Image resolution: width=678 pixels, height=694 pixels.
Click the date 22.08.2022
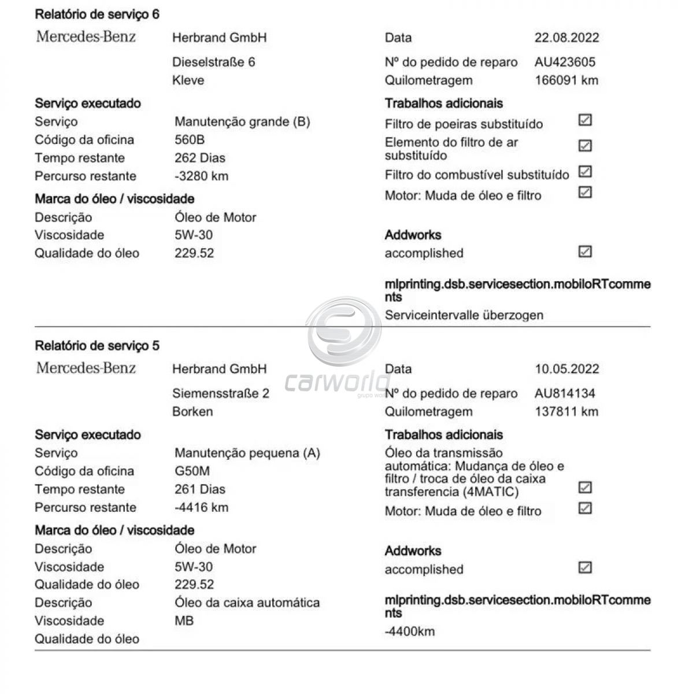(x=566, y=38)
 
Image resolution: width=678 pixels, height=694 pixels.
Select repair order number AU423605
(x=565, y=62)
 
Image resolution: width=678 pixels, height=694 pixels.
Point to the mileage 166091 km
(x=566, y=80)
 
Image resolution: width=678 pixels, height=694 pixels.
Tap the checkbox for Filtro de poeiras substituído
(x=585, y=120)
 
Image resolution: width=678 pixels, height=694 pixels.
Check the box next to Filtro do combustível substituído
(x=585, y=172)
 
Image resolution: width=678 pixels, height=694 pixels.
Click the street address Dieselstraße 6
(x=213, y=62)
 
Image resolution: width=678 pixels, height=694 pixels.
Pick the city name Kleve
(x=188, y=80)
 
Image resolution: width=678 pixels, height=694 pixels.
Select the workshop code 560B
(x=190, y=140)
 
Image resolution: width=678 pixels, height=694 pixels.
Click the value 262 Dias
(x=200, y=158)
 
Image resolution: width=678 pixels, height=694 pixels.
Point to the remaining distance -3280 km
(x=202, y=176)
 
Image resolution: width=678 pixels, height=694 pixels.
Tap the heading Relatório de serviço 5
(x=97, y=346)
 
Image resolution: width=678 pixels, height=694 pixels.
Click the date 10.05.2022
(x=566, y=370)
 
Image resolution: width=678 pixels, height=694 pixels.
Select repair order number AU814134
(x=565, y=394)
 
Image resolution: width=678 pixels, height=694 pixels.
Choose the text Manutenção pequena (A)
(x=247, y=453)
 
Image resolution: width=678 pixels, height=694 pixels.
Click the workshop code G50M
(x=192, y=471)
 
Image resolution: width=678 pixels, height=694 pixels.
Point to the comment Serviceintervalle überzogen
(x=464, y=315)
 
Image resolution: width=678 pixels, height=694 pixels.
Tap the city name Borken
(x=192, y=412)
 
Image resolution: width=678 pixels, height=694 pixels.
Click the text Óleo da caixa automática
(x=247, y=603)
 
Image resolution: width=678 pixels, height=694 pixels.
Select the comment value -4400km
(x=410, y=631)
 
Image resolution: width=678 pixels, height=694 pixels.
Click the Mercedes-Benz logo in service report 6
(x=86, y=37)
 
